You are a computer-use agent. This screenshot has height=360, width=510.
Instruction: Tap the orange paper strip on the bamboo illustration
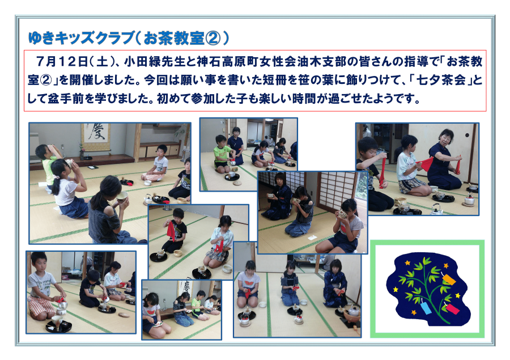point(449,279)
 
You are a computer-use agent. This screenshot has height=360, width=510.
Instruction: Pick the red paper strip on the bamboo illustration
point(452,309)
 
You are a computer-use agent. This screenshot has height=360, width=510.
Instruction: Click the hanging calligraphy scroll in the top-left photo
point(96,137)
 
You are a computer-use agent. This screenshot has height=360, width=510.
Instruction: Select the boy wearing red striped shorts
point(41,286)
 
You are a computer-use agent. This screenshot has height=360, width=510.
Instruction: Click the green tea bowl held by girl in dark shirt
point(122,196)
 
